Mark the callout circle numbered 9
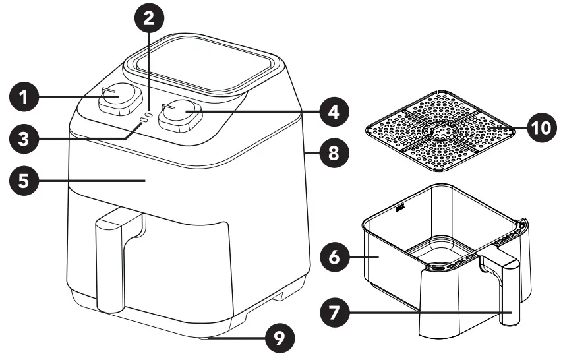click(280, 339)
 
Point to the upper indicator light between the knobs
click(149, 115)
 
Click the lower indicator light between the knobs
click(142, 123)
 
